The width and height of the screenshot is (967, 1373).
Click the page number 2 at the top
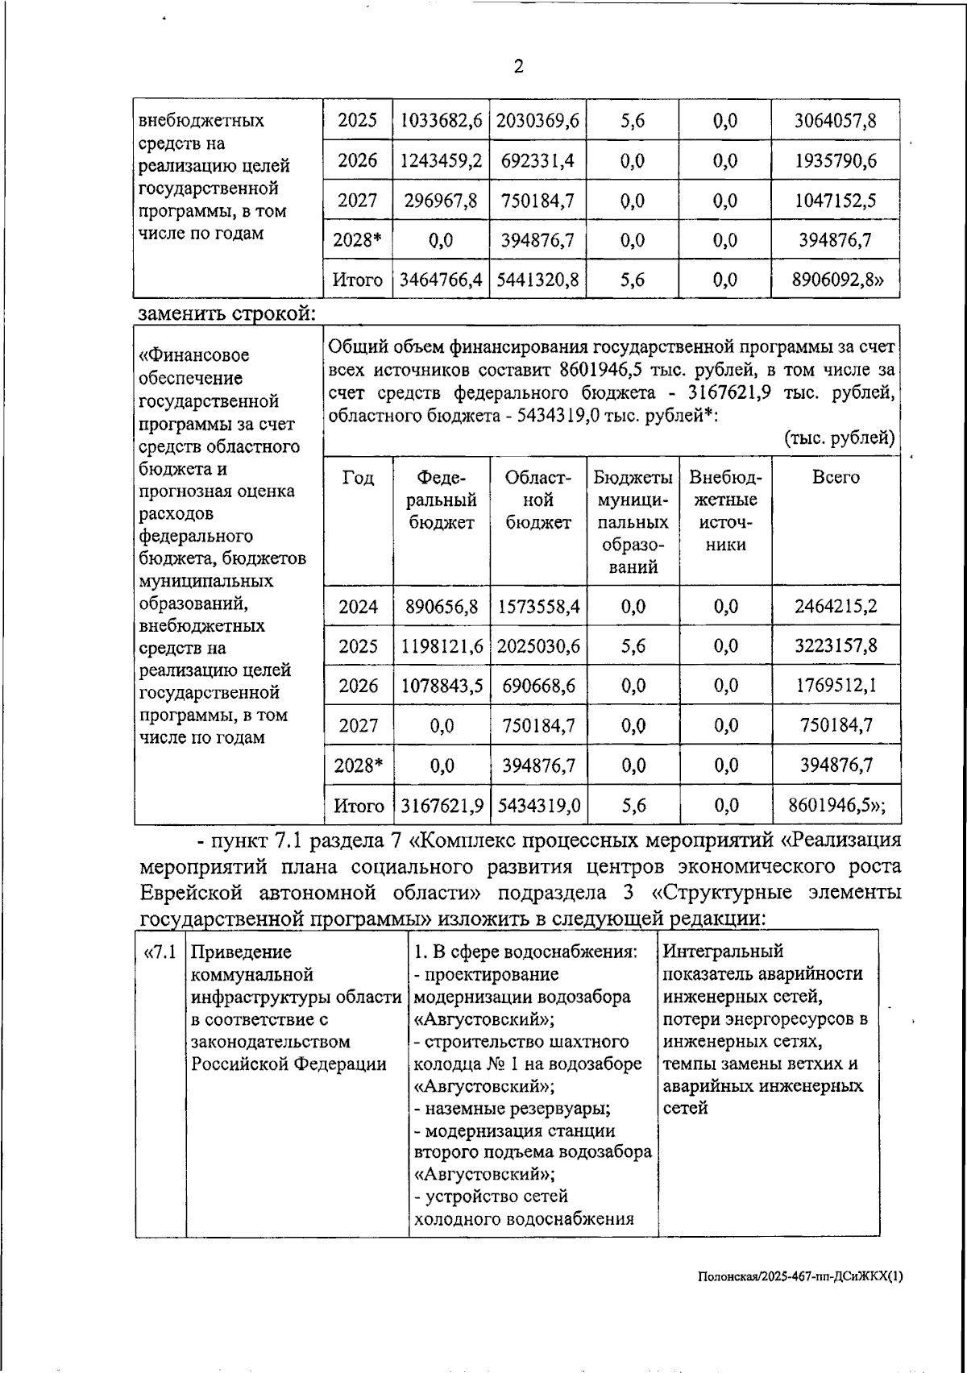518,67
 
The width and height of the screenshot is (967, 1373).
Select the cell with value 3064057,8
836,121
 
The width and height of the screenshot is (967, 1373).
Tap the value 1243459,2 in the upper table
441,160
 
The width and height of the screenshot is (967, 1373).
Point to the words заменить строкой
226,313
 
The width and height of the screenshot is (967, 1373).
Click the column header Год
358,478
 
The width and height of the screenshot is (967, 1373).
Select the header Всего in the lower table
836,477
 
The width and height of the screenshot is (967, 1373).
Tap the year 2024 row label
358,607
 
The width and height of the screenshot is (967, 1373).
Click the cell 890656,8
442,607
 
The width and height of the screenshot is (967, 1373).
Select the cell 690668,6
538,686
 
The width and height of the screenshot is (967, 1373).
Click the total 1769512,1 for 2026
836,686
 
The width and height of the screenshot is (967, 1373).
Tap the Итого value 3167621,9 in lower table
442,805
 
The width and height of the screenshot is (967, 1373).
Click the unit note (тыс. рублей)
839,438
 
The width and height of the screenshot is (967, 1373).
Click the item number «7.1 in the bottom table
160,952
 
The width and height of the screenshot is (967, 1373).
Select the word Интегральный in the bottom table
723,952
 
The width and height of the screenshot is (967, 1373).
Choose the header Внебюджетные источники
725,510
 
